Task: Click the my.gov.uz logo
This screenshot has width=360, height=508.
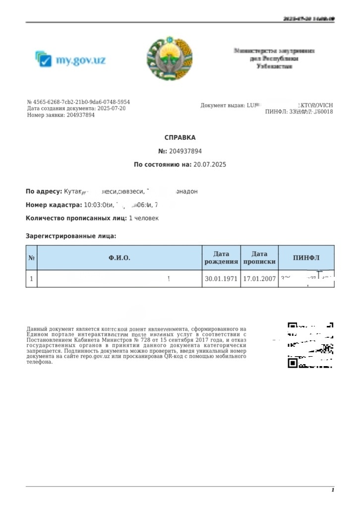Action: click(x=70, y=60)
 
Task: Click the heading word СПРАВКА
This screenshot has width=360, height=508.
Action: click(x=180, y=137)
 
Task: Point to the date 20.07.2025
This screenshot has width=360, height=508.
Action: click(x=209, y=164)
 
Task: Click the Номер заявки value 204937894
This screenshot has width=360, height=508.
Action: click(x=80, y=115)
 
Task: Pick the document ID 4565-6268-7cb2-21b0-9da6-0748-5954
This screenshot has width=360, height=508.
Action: click(x=82, y=102)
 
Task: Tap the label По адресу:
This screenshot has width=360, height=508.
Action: click(x=44, y=191)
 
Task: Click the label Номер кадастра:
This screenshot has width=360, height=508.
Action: click(x=54, y=205)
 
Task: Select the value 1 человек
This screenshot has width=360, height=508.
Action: click(x=144, y=218)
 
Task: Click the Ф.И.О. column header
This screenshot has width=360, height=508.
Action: click(x=120, y=258)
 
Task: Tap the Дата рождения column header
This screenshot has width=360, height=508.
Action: click(x=221, y=258)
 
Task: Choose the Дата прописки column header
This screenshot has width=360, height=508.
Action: click(x=259, y=258)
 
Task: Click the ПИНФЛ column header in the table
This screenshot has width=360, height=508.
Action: click(x=306, y=258)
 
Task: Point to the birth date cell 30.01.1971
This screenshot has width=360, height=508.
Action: click(x=221, y=279)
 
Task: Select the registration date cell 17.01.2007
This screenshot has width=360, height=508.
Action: click(x=259, y=279)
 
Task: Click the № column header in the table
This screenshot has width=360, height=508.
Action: click(x=32, y=258)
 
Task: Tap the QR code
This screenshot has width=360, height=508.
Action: click(x=310, y=345)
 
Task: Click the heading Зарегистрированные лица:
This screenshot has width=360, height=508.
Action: click(x=71, y=236)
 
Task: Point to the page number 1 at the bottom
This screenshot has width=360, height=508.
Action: click(x=333, y=490)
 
